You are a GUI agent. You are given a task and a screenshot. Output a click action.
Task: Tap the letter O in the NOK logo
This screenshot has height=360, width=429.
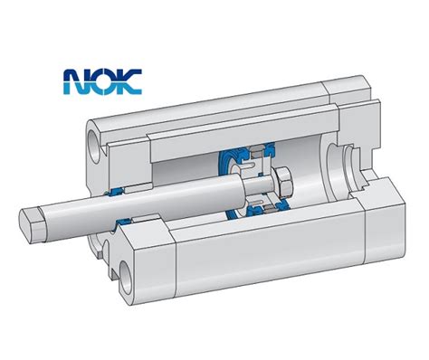click(x=102, y=81)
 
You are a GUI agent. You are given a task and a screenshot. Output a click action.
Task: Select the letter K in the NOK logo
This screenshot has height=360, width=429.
click(x=129, y=81)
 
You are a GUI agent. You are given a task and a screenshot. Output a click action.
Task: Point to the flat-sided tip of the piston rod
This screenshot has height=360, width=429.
click(x=31, y=223)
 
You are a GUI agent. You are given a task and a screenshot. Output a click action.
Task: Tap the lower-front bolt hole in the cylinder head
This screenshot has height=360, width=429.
click(x=126, y=278)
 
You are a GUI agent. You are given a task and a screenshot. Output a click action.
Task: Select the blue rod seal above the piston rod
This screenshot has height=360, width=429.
click(x=115, y=192)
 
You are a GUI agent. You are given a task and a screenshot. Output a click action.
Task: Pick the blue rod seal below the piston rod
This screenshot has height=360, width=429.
click(x=123, y=223)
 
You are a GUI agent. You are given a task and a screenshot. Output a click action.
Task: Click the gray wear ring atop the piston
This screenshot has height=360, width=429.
click(x=256, y=151)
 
